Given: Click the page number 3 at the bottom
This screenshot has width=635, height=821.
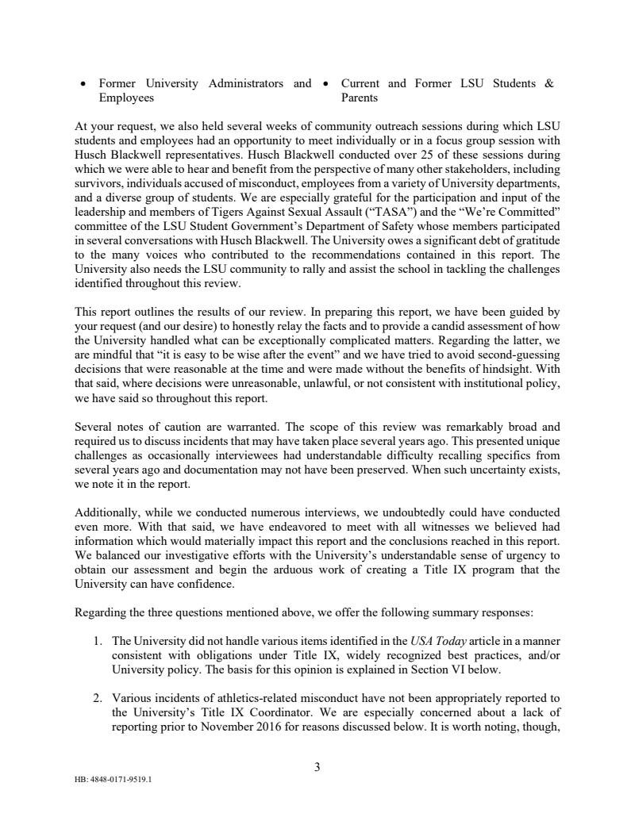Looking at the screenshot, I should [317, 766].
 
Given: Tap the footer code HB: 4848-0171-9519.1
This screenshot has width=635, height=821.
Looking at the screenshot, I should [112, 778].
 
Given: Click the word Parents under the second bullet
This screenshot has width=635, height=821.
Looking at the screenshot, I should [360, 98].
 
